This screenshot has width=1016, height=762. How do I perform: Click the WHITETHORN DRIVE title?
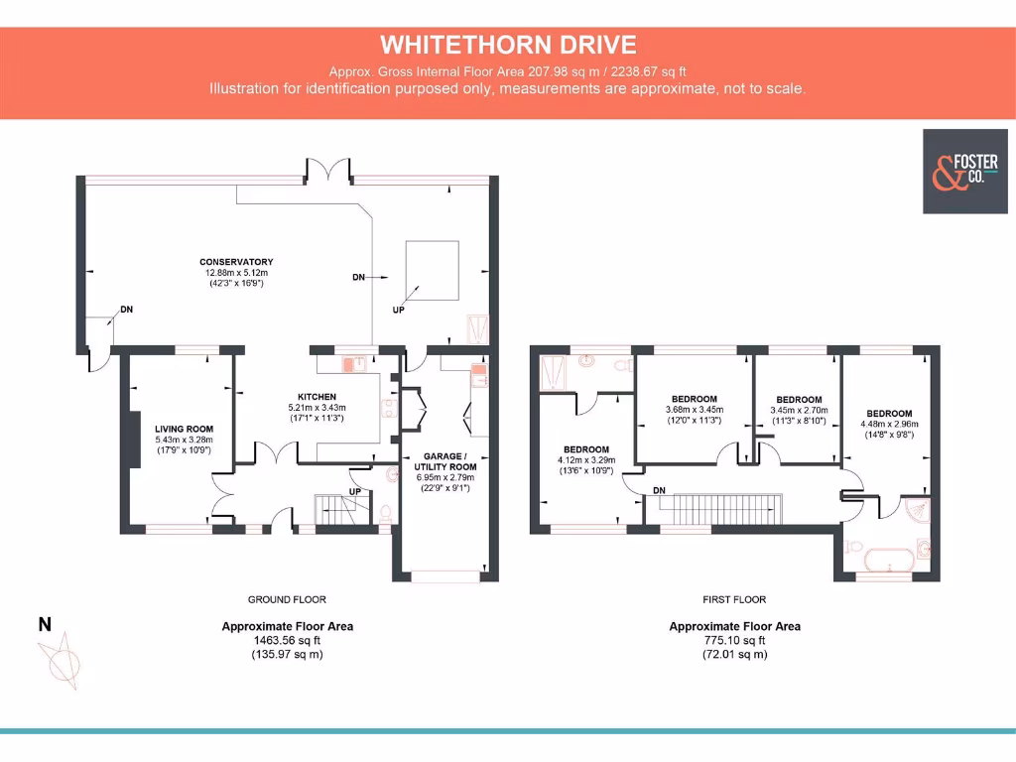(507, 45)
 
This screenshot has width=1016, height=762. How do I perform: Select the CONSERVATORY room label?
(236, 262)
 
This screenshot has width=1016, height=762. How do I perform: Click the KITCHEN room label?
(317, 397)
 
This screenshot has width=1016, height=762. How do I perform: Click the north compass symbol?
(62, 661)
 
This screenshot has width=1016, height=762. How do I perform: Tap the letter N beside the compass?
(44, 624)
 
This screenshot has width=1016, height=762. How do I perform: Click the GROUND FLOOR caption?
(287, 599)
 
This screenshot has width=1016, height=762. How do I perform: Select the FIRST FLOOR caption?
(734, 599)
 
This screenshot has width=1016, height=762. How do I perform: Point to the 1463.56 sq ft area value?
(287, 641)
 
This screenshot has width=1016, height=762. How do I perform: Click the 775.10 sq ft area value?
(734, 641)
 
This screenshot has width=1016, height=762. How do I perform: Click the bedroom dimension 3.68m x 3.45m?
(694, 410)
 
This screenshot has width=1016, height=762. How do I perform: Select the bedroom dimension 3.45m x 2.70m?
(799, 409)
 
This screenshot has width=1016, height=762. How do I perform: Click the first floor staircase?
(729, 509)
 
